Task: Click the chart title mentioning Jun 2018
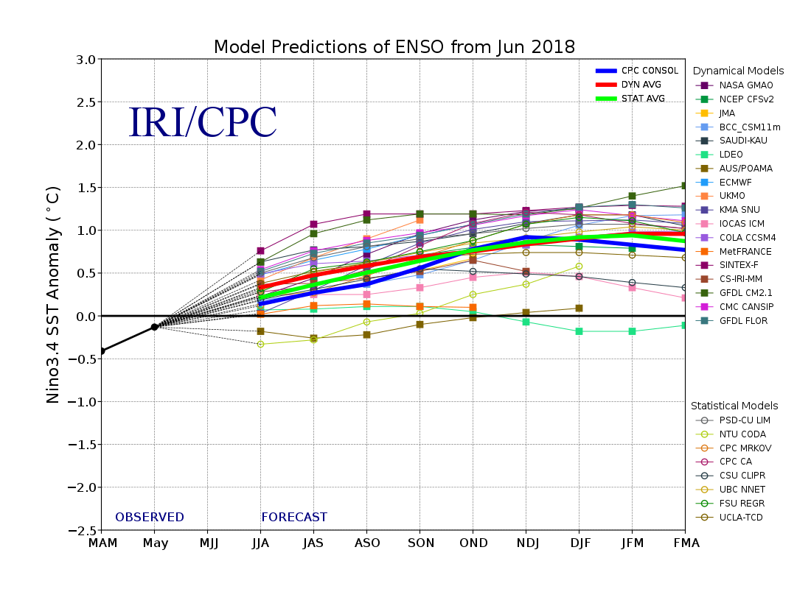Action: coord(394,47)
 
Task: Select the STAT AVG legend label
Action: coord(643,99)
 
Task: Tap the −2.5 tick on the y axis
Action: coord(81,530)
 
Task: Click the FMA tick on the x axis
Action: coord(685,543)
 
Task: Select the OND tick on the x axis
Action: coord(473,543)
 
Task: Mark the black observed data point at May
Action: coord(154,327)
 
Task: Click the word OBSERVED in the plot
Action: coord(149,518)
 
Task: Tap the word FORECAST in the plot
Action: coord(293,518)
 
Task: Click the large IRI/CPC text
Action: coord(202,123)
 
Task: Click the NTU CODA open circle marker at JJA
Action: coord(260,344)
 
